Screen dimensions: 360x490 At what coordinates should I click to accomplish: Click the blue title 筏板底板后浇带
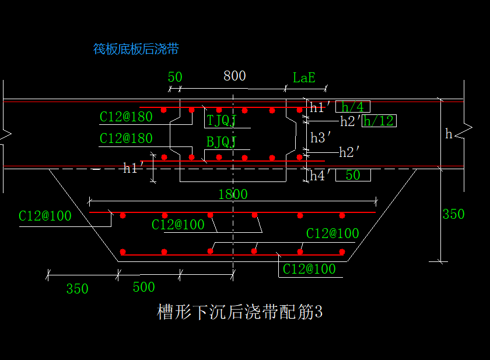coord(136,49)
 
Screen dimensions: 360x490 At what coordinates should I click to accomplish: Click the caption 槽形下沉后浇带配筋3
coord(240,312)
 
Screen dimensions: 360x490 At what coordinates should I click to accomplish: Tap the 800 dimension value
coord(235,76)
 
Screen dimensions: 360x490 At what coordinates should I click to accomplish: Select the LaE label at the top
coord(304,78)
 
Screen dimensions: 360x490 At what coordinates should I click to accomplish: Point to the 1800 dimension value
coord(233,194)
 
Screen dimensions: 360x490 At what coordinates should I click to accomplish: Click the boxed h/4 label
coord(352,107)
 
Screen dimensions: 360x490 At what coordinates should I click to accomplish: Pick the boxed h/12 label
coord(379,121)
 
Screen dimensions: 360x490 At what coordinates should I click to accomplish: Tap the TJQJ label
coord(221,121)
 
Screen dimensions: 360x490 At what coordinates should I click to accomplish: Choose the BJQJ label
coord(221,142)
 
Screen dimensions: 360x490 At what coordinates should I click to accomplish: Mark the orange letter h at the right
coord(449,134)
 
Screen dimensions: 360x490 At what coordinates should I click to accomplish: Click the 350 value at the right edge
coord(453,214)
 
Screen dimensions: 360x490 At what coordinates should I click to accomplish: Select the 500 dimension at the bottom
coord(143,287)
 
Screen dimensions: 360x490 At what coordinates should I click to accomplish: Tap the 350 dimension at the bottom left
coord(77,289)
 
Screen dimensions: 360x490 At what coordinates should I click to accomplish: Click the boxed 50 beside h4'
coord(353,175)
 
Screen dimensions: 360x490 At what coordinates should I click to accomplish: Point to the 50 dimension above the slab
coord(175,78)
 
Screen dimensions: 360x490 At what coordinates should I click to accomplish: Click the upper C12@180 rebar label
coord(126,117)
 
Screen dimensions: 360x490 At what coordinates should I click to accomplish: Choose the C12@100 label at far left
coord(45,216)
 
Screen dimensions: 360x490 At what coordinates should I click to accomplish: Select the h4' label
coord(321,175)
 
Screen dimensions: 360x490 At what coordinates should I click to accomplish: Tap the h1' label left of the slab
coord(134,168)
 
